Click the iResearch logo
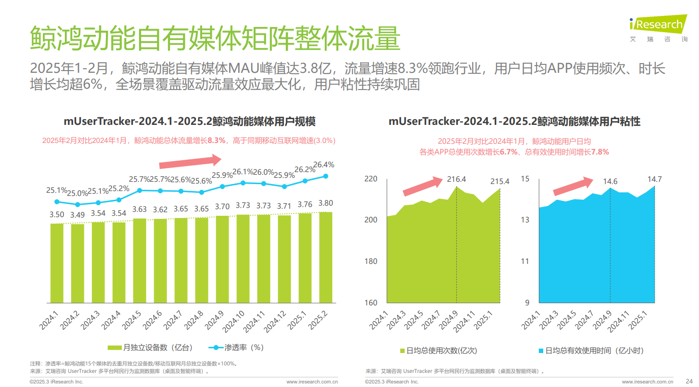tap(658, 26)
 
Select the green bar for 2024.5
tap(139, 260)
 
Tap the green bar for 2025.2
tap(326, 257)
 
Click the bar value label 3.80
tap(326, 203)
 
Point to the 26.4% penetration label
tap(324, 165)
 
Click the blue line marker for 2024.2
tap(78, 204)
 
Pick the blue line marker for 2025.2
tap(326, 176)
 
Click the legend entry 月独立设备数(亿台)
tap(150, 348)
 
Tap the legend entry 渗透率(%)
tap(237, 348)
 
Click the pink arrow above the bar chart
tap(190, 162)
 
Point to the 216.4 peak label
tap(456, 180)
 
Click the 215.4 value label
tap(500, 182)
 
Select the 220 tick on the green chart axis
tap(371, 179)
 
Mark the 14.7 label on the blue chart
tap(654, 179)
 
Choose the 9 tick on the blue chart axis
tap(527, 303)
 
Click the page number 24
tap(689, 381)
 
